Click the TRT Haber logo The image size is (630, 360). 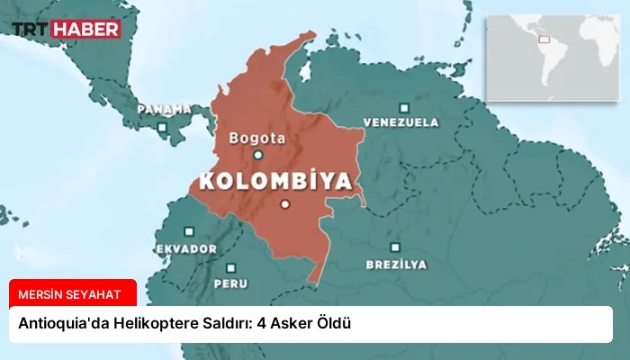(x=66, y=29)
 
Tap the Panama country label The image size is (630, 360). (x=164, y=109)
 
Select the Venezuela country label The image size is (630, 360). (x=401, y=121)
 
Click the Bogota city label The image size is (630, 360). (x=257, y=139)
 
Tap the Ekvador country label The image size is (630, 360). (x=185, y=247)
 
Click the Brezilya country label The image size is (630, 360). (x=396, y=265)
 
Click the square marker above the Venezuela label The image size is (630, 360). (x=403, y=106)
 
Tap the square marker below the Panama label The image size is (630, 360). (x=162, y=126)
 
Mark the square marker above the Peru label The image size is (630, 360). (x=231, y=267)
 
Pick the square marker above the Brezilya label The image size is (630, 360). (x=395, y=247)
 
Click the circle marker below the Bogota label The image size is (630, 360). (x=258, y=155)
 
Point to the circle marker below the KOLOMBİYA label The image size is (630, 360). (x=284, y=204)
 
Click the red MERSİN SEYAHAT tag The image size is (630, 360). (x=73, y=292)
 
